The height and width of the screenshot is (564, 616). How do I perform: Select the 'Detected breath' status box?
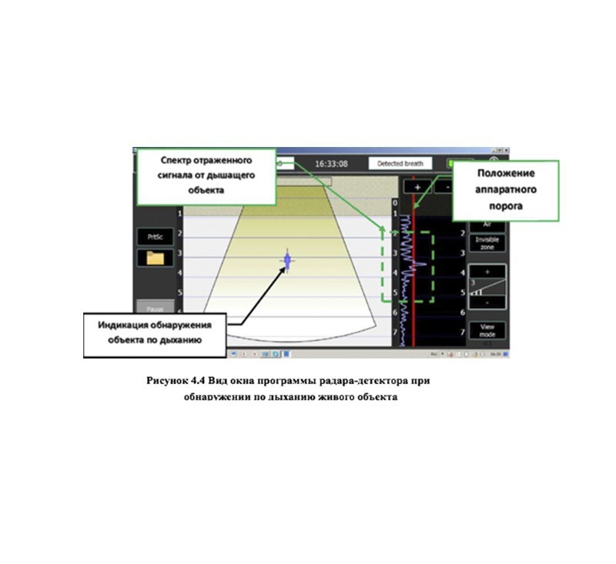click(x=400, y=164)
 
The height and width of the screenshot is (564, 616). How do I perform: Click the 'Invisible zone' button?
click(x=487, y=243)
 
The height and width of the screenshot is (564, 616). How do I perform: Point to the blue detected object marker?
click(x=287, y=262)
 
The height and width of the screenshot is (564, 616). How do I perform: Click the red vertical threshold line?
click(x=413, y=308)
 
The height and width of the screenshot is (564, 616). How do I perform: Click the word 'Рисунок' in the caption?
click(x=168, y=381)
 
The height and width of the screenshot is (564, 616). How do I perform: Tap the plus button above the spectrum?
click(x=417, y=187)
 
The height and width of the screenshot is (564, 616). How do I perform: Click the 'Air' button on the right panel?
click(x=487, y=224)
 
